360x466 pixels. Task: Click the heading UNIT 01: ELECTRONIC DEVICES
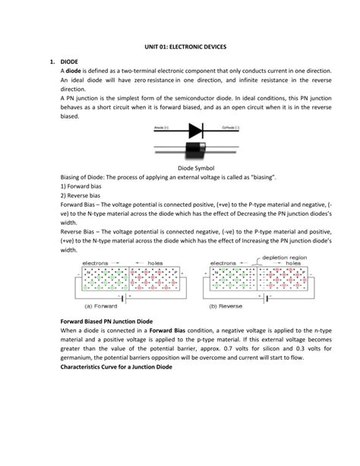180,44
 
